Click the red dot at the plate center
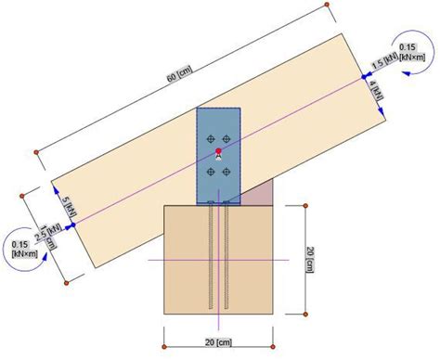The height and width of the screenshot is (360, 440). [x=217, y=150]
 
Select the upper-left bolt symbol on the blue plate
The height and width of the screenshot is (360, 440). [x=208, y=139]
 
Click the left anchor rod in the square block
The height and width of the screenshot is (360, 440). [x=213, y=255]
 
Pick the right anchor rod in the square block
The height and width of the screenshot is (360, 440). [x=226, y=255]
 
